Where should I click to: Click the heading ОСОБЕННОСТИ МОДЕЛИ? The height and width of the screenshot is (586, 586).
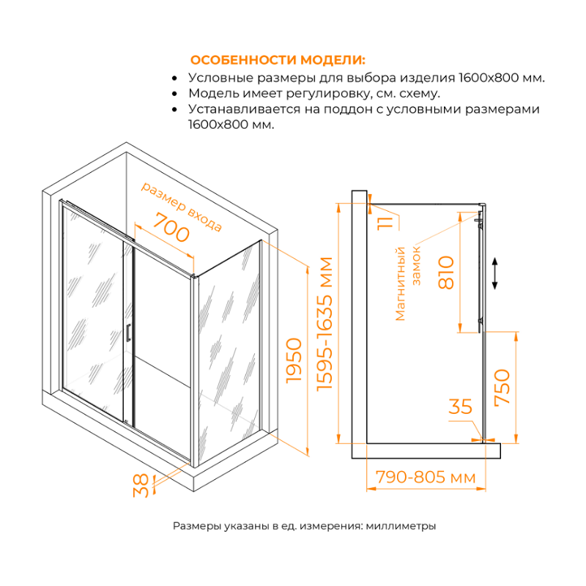coord(277,60)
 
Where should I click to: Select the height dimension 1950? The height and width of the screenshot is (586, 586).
coord(294,360)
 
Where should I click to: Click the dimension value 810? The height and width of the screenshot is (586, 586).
coord(447,272)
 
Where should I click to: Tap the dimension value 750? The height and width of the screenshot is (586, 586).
coord(502,387)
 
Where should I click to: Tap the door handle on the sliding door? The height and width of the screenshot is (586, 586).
coord(129,333)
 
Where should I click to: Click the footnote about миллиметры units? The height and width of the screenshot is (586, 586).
coord(305,526)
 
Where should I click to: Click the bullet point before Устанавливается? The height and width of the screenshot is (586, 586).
coord(174,110)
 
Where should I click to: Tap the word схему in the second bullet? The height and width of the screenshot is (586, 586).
coord(420,94)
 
